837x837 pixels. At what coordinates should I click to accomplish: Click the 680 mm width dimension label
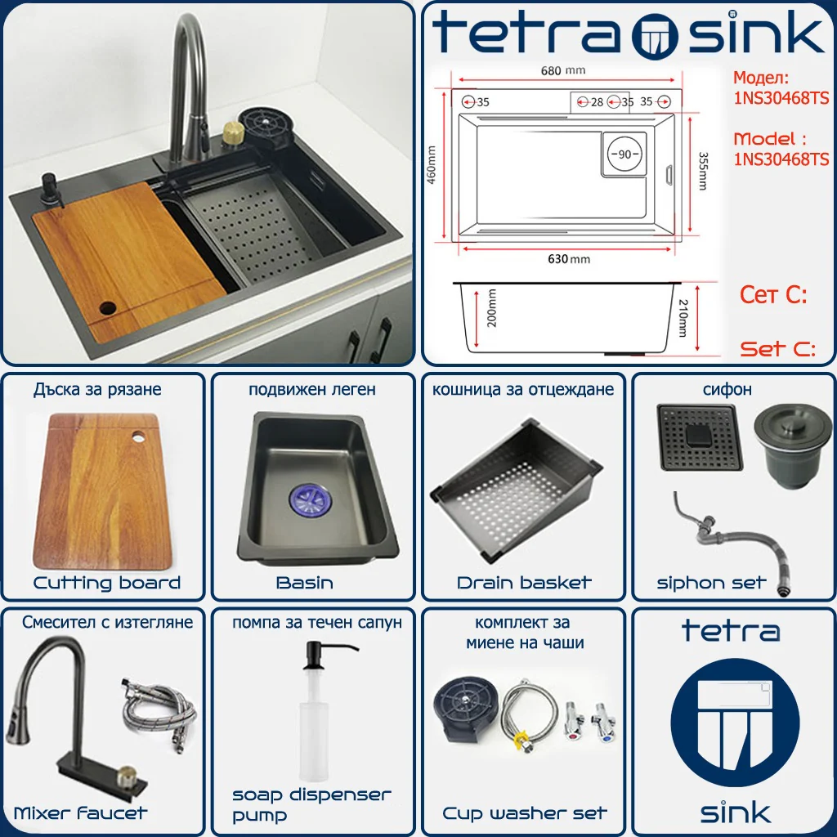562,70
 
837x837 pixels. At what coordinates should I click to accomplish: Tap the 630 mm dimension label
569,259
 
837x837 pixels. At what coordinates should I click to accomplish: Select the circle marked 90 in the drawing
624,154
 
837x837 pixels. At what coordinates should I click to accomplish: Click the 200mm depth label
491,307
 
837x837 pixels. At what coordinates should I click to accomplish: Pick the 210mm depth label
683,318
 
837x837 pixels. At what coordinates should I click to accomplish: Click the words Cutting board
107,582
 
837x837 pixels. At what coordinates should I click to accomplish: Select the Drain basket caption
524,582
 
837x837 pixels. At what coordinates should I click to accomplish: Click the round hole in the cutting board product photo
138,436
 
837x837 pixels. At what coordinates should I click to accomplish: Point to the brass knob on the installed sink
233,132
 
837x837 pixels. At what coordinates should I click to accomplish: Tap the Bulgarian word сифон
727,389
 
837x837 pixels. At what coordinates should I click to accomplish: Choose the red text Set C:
777,349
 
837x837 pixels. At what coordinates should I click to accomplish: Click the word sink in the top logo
756,33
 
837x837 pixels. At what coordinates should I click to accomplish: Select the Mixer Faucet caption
80,813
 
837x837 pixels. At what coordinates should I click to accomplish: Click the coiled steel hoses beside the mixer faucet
159,713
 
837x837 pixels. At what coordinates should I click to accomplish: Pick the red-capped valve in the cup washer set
575,723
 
